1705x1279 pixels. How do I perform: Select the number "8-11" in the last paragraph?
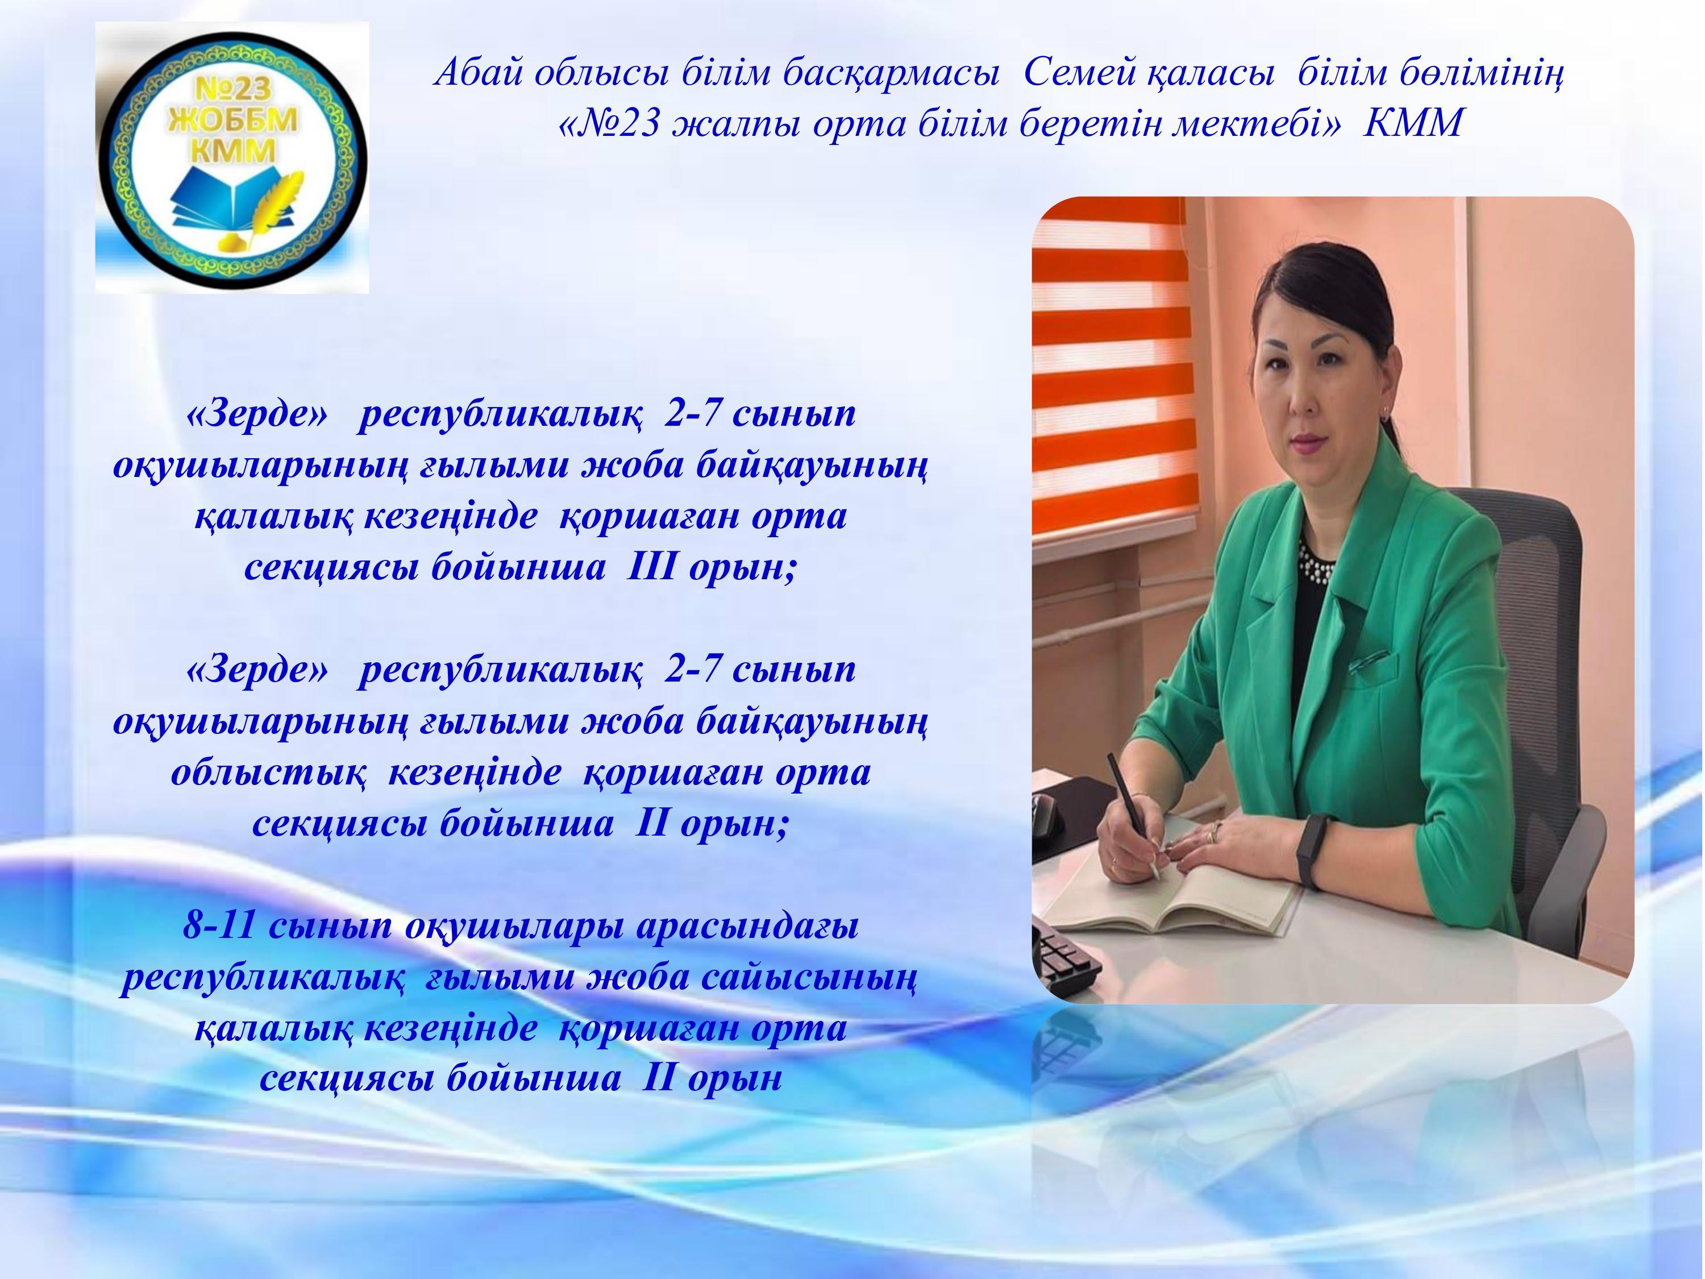220,925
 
